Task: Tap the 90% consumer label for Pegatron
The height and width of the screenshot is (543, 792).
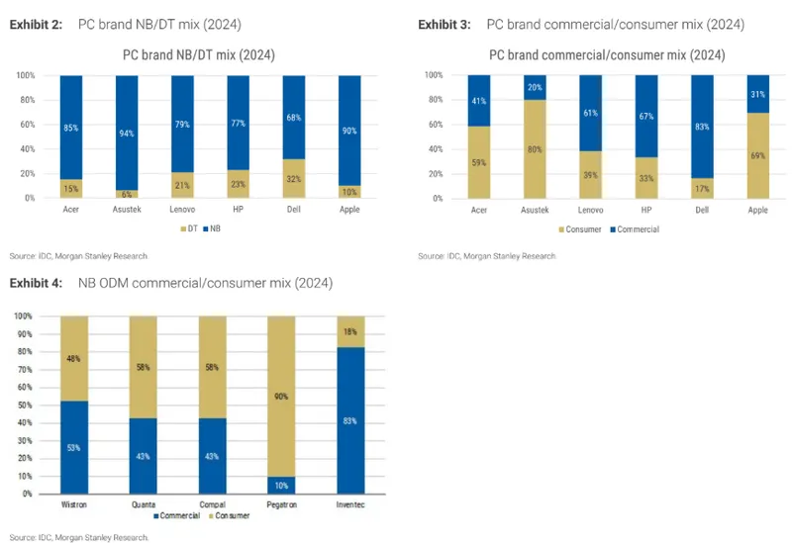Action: [x=281, y=398]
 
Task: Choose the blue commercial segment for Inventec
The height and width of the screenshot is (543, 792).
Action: [x=350, y=420]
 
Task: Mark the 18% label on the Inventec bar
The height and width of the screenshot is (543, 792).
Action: [x=351, y=330]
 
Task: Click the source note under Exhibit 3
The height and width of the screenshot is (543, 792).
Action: [x=486, y=255]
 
